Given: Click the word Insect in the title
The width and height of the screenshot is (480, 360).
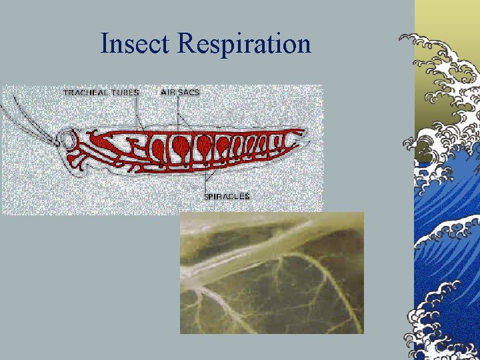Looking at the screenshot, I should coord(136,44).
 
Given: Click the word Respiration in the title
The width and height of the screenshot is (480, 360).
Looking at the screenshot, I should coord(245,45).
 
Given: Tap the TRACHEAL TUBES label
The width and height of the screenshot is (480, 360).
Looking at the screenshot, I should coord(101,93).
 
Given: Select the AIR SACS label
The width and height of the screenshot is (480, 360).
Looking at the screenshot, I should coord(179,92).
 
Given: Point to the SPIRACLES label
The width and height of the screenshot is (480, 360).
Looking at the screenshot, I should coord(227,196).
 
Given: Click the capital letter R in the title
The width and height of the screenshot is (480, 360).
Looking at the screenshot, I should coord(187,44).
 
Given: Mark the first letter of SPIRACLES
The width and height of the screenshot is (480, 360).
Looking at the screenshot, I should coord(206,196).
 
